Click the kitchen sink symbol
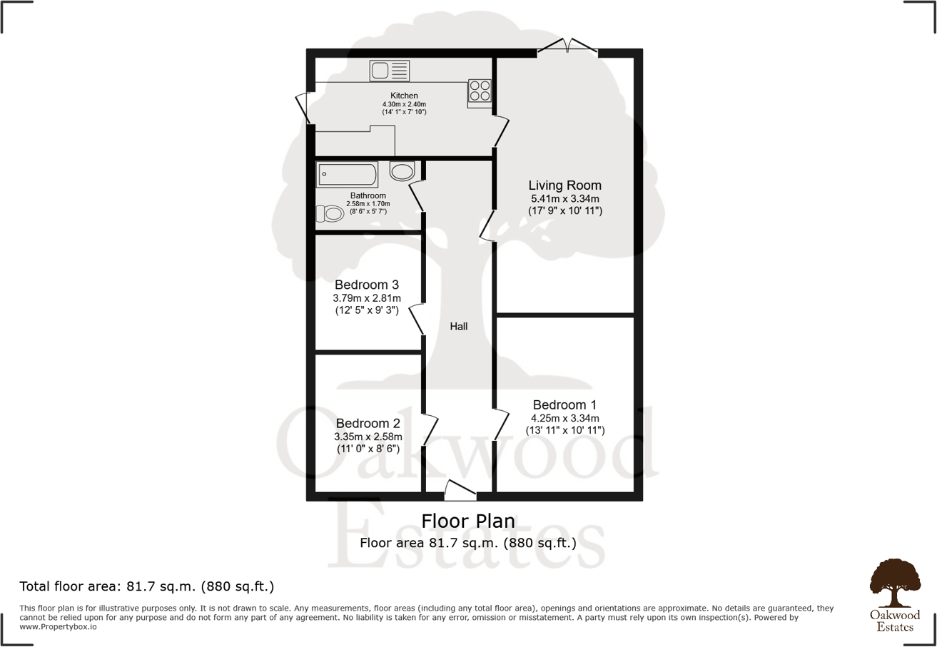coord(390,71)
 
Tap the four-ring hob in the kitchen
coord(480,91)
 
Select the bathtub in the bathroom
coord(348,174)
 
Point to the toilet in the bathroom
coord(330,214)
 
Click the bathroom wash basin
coord(402,171)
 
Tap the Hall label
coord(458,326)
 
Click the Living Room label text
coord(564,185)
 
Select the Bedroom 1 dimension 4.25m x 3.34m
coord(564,418)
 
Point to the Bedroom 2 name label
coord(368,423)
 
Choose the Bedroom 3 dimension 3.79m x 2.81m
coord(367,298)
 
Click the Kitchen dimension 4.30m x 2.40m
coord(404,104)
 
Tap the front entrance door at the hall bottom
coord(460,490)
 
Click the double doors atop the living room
coord(567,45)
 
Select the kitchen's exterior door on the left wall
coord(303,108)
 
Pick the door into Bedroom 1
coord(501,425)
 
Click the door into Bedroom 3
coord(416,320)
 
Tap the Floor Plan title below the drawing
coord(468,521)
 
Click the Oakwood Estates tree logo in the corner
coord(895,595)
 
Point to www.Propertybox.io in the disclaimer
coord(58,626)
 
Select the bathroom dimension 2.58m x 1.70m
coord(368,204)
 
